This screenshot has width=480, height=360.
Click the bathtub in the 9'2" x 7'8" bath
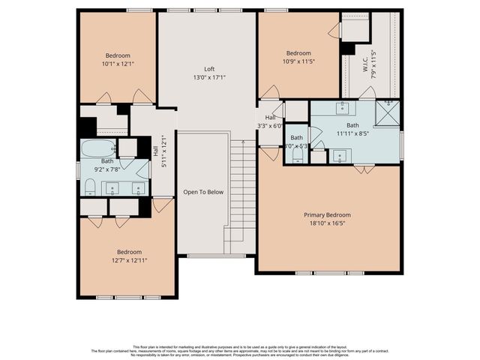click(97, 148)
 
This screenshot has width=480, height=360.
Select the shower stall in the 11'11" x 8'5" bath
click(388, 114)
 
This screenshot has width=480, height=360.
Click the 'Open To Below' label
click(203, 192)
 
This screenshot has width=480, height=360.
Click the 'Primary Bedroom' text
click(327, 215)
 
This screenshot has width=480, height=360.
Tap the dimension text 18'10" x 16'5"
click(327, 224)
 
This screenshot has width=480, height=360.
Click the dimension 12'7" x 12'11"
click(127, 260)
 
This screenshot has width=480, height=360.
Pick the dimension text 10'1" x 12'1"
click(117, 64)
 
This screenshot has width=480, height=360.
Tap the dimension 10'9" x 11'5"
click(298, 61)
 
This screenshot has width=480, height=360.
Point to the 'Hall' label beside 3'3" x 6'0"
click(270, 117)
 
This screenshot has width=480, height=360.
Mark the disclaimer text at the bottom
click(240, 349)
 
